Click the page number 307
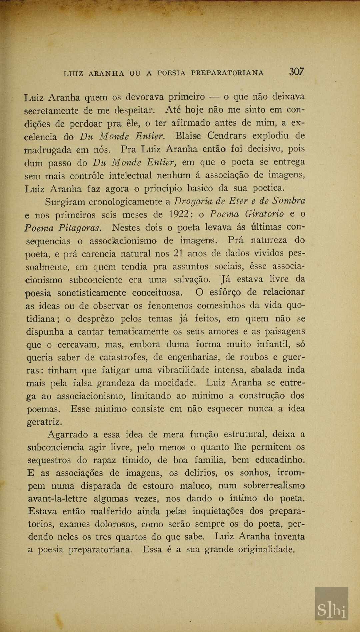pyautogui.click(x=296, y=71)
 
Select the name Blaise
pyautogui.click(x=188, y=136)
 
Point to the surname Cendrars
pyautogui.click(x=227, y=136)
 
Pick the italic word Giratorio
pyautogui.click(x=264, y=214)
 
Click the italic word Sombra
pyautogui.click(x=289, y=201)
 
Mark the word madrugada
pyautogui.click(x=48, y=150)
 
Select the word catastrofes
pyautogui.click(x=123, y=358)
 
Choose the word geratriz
pyautogui.click(x=44, y=422)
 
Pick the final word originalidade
pyautogui.click(x=266, y=549)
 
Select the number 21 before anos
pyautogui.click(x=178, y=253)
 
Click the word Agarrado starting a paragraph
pyautogui.click(x=68, y=435)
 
